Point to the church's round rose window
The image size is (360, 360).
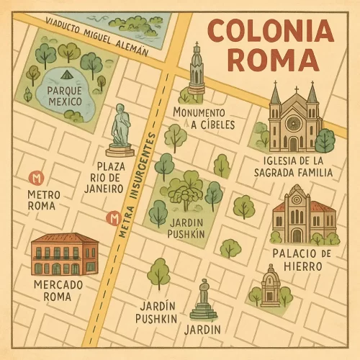293,122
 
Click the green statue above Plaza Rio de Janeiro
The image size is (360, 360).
120,130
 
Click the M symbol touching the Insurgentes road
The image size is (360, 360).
112,218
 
